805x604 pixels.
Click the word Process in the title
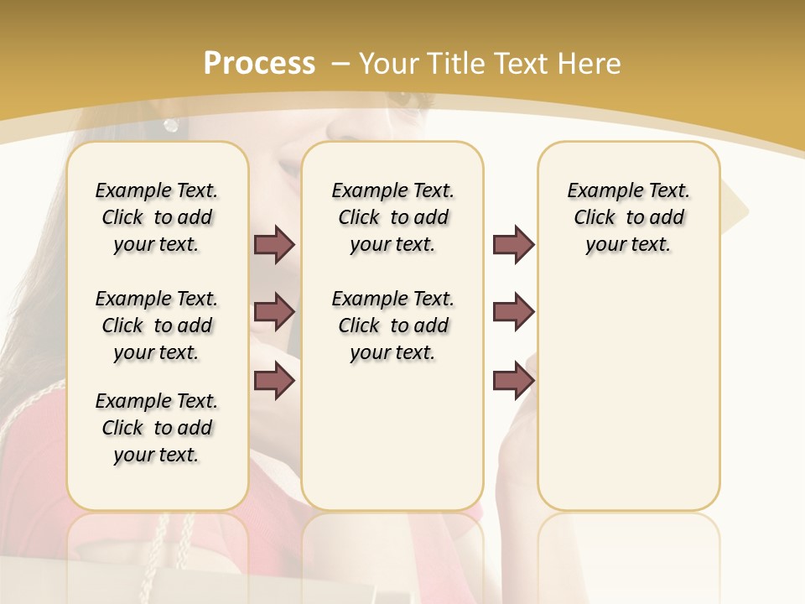[259, 63]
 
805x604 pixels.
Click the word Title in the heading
[454, 63]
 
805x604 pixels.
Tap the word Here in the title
[588, 63]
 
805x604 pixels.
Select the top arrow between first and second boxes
[274, 244]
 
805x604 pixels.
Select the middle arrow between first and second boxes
[274, 312]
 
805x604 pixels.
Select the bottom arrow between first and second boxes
[274, 381]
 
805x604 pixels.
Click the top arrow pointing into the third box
[513, 244]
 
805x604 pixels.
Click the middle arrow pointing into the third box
[513, 312]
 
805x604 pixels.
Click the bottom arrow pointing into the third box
[513, 381]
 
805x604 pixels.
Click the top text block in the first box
[157, 217]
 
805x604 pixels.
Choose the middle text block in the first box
[157, 325]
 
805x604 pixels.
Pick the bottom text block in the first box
[157, 428]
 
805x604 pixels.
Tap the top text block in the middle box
[393, 217]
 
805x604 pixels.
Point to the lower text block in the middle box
[393, 325]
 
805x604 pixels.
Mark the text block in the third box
[629, 217]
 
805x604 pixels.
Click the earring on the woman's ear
[171, 125]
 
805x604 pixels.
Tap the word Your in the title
[388, 63]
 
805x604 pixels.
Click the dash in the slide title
[340, 63]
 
